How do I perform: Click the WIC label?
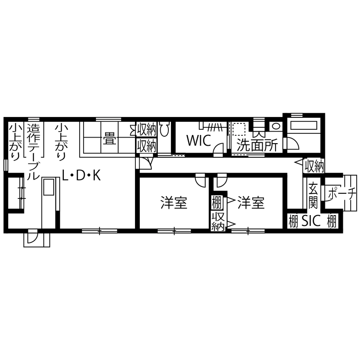tap(198, 141)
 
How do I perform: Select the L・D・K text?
tap(81, 175)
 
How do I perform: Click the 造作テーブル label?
tap(33, 152)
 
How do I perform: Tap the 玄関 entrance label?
tap(313, 194)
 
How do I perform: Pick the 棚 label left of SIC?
tap(293, 222)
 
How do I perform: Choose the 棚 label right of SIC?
tap(331, 222)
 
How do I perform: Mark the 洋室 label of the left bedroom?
tap(174, 203)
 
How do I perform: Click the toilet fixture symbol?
tap(165, 129)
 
